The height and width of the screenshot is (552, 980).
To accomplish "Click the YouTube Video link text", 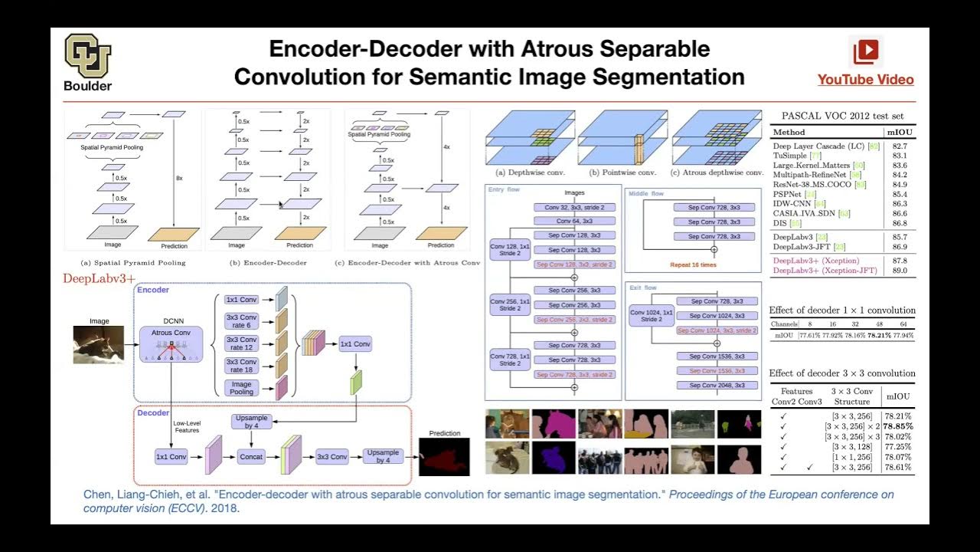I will point(865,80).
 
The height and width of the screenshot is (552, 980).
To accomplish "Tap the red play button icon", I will point(866,51).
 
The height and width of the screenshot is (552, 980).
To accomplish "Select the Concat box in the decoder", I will point(251,457).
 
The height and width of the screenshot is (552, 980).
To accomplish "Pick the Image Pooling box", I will point(241,388).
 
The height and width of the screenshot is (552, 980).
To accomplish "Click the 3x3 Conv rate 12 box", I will point(241,343).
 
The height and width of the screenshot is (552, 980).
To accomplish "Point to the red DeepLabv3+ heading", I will point(99,278).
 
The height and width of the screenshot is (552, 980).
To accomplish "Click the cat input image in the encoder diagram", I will point(99,344).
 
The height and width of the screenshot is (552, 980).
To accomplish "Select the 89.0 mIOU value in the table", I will point(899,271).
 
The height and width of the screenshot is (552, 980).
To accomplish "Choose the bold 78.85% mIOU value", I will point(898,426).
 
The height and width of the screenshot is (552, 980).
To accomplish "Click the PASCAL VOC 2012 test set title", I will point(842,116).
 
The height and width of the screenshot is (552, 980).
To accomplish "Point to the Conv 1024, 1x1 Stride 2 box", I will point(652,316).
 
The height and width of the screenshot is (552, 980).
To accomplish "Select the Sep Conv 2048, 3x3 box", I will point(717,386).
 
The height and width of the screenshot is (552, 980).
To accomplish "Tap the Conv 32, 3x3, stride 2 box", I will point(573,208).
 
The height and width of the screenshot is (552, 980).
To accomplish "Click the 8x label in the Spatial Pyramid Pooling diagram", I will point(179,178).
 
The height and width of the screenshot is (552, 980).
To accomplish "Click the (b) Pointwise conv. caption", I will point(623,172).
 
